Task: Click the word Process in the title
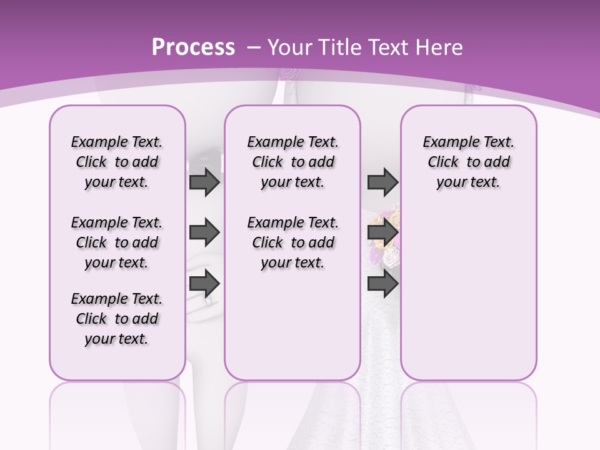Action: click(x=193, y=47)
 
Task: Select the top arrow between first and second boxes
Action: click(x=204, y=182)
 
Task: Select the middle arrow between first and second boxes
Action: click(x=204, y=233)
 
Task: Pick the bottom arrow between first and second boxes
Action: click(x=204, y=284)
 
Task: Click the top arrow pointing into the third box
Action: click(x=382, y=182)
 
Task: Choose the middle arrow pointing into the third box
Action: click(x=382, y=233)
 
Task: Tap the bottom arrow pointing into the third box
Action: click(x=382, y=284)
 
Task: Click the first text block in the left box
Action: click(x=117, y=162)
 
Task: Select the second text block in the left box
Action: click(x=117, y=242)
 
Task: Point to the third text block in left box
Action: click(x=117, y=319)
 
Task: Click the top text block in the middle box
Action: click(x=292, y=162)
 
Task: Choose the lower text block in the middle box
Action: click(x=292, y=242)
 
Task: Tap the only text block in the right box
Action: click(x=468, y=162)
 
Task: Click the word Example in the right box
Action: click(x=446, y=142)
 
